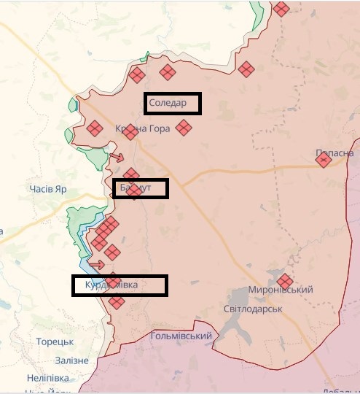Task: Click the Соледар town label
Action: [168, 103]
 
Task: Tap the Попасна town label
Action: [334, 153]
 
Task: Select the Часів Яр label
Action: [48, 190]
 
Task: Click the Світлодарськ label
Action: [252, 309]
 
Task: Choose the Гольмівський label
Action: [181, 336]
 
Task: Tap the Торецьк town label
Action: [55, 341]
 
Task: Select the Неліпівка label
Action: [47, 378]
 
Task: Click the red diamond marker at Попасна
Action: [323, 160]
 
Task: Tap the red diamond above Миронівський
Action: [284, 280]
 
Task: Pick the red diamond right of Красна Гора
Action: [183, 128]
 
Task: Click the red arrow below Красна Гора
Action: [116, 158]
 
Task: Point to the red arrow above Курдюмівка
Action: [96, 264]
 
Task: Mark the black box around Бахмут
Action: [141, 188]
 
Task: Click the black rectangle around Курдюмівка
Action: [120, 285]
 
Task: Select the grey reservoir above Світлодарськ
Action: [244, 295]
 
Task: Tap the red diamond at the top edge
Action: [281, 9]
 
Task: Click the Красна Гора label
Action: [142, 129]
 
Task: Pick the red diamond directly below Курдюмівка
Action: [116, 301]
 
